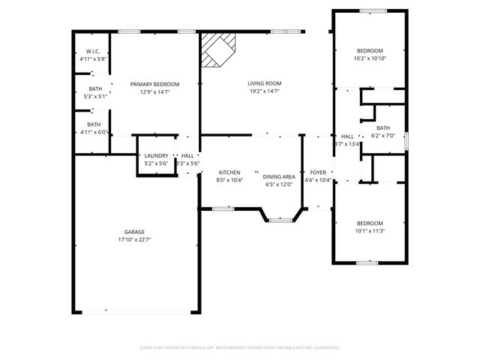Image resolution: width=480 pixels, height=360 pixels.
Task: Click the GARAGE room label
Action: (x=135, y=232)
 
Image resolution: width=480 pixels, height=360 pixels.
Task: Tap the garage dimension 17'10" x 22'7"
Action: (x=135, y=240)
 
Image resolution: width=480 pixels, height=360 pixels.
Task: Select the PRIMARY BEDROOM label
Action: (x=154, y=84)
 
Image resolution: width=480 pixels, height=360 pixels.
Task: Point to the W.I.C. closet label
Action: (x=93, y=51)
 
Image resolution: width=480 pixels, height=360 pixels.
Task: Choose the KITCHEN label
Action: (x=229, y=172)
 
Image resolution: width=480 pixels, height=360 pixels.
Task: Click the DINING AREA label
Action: (x=277, y=176)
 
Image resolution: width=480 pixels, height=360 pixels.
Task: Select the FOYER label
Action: (x=318, y=172)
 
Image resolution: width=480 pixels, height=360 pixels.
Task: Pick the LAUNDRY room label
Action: (x=156, y=155)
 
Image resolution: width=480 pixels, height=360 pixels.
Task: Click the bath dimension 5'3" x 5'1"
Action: (x=94, y=96)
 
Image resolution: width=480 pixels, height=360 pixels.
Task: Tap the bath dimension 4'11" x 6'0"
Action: (x=94, y=132)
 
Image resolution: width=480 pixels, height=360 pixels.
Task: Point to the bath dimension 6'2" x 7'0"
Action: (x=383, y=136)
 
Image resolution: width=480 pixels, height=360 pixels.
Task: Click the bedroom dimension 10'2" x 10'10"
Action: (x=369, y=58)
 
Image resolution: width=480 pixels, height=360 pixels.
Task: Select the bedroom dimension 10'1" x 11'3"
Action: (x=369, y=232)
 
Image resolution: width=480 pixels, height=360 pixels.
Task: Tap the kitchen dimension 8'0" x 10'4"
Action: (x=229, y=180)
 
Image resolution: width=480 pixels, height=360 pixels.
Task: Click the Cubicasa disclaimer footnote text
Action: (x=240, y=347)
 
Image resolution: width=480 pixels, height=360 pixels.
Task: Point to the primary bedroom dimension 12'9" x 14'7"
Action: (x=154, y=92)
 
